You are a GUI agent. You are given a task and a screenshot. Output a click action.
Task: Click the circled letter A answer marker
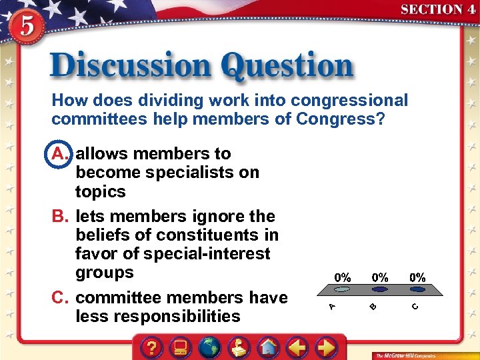(60, 154)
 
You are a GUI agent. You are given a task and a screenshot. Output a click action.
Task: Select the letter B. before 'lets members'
(61, 217)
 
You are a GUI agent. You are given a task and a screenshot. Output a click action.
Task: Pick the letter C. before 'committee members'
(61, 297)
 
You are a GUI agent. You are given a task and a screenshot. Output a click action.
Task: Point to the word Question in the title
(287, 67)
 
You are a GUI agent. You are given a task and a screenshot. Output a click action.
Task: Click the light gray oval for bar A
(342, 290)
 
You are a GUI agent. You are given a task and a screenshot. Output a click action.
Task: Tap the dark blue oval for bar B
(380, 290)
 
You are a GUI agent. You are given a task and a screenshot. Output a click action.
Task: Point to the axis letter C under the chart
(415, 306)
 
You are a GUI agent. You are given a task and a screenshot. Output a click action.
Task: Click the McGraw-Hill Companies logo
(406, 355)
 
